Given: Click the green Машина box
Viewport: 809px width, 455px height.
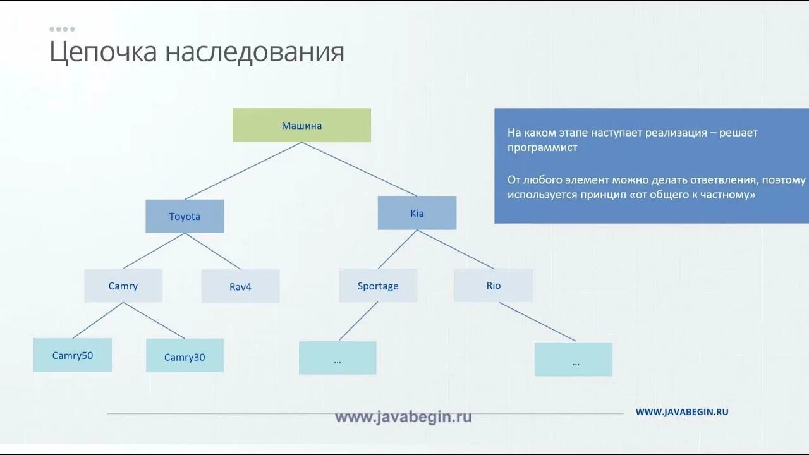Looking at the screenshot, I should coord(301,125).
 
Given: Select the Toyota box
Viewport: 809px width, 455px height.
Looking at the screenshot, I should coord(185,216).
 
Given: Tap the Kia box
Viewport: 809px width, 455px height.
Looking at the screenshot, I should coord(417,213).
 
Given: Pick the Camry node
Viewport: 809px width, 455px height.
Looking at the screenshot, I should coord(123,286).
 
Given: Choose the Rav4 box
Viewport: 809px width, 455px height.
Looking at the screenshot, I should coord(240,286).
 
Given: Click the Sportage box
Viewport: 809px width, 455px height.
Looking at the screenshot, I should coord(378,286).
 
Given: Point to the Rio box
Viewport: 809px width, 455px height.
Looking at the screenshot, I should coord(494,286).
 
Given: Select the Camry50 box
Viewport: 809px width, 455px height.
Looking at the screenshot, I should coord(73,355).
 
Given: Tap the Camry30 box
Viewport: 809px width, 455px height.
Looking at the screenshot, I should coord(185,357).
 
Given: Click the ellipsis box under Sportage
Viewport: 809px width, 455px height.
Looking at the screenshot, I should coord(338,358).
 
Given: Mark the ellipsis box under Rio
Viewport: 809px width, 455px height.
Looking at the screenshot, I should coord(573,360).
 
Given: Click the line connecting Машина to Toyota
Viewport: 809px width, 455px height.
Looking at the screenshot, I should coord(243,171).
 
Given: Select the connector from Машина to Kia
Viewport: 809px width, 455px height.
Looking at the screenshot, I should coord(359,169).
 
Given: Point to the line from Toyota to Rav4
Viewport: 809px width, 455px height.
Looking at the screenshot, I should coord(212,251).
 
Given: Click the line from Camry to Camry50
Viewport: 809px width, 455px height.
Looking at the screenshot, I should coord(98,320).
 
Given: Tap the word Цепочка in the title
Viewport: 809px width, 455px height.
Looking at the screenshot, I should coord(103,52).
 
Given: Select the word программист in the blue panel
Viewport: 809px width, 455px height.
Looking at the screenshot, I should coord(542,148).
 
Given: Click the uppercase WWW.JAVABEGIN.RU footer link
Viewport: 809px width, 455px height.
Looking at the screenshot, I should coord(682,411).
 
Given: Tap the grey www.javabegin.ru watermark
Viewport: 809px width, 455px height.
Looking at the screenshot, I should coord(403,417).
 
